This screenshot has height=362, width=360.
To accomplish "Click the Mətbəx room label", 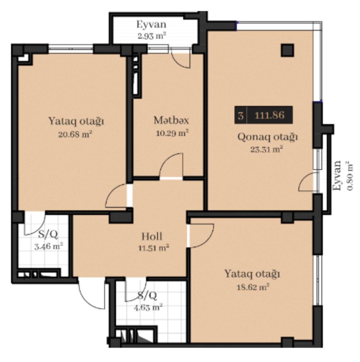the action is click(x=171, y=120).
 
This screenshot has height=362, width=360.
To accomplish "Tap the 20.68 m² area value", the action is click(x=75, y=134).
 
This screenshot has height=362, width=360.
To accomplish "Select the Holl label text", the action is click(x=152, y=237).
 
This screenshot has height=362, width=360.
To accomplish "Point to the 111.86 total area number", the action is click(x=269, y=115).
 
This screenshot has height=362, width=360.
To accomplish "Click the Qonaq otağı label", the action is click(x=268, y=137).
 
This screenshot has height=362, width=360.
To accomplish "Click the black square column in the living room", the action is click(x=287, y=50).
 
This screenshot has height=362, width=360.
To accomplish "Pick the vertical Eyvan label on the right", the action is click(x=337, y=176).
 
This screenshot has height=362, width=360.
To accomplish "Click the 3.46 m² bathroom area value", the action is click(x=49, y=246).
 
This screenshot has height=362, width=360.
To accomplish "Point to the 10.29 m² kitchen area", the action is click(x=172, y=133).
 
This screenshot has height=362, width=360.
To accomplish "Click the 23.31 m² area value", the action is click(x=267, y=150).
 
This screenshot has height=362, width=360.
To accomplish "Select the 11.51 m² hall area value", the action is click(x=154, y=248).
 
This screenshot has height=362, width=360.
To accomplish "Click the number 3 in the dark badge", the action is click(x=241, y=116).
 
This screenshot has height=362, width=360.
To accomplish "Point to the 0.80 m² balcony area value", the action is click(x=349, y=176).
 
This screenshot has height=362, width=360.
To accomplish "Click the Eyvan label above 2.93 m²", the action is click(x=152, y=25).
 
